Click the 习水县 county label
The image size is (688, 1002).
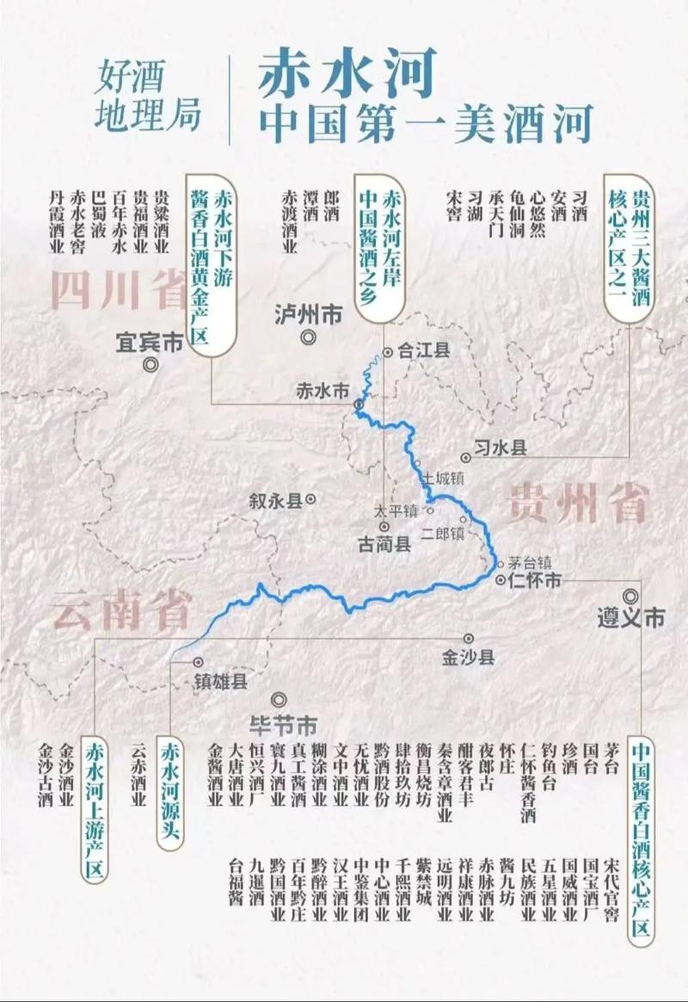point(499,448)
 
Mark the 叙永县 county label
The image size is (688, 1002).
point(275,499)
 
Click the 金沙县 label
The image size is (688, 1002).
point(469,658)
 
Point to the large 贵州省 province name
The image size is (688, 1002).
point(577,500)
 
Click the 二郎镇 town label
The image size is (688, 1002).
point(443,534)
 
